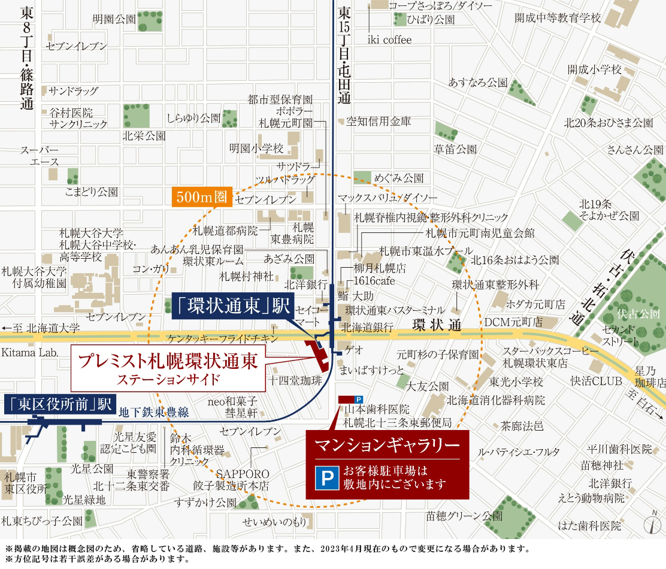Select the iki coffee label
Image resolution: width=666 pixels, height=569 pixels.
tap(389, 40)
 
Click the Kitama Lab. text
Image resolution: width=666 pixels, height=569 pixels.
tap(30, 353)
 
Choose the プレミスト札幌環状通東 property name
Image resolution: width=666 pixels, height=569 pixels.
tap(168, 362)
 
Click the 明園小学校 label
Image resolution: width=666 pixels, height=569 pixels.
tap(256, 148)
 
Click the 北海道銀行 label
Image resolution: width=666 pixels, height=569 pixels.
tap(367, 327)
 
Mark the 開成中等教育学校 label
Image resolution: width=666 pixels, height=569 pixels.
tap(557, 18)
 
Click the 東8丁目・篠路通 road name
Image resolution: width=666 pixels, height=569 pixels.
tap(26, 60)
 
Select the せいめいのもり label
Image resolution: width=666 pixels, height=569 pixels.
tap(274, 522)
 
